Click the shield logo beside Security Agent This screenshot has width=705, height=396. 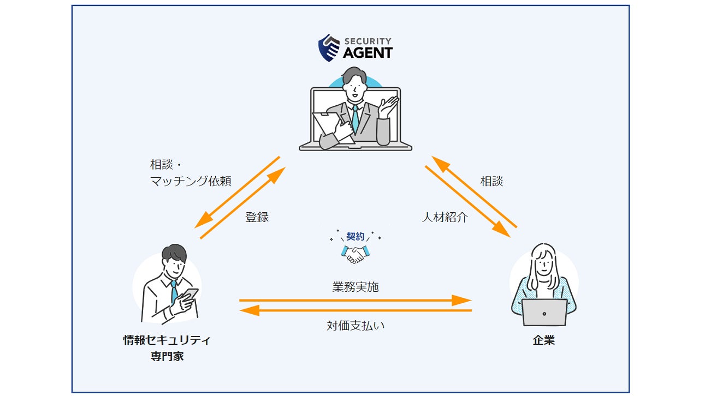329,48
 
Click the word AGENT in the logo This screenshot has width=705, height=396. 368,53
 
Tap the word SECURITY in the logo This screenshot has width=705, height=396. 368,41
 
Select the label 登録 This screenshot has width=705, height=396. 257,217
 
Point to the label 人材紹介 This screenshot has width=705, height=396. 445,217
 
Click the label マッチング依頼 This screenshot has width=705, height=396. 191,181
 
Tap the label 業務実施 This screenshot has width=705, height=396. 356,287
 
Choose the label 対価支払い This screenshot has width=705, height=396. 356,326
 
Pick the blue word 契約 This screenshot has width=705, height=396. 356,236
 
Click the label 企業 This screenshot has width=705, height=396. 543,340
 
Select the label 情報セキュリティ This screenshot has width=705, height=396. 167,340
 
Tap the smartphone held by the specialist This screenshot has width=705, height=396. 190,295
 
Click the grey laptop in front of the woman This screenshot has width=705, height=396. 544,313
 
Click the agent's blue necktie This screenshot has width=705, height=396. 356,118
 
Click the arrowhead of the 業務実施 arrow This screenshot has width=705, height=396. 461,301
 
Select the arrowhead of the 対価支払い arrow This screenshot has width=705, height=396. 250,310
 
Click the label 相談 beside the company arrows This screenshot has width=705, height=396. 491,181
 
